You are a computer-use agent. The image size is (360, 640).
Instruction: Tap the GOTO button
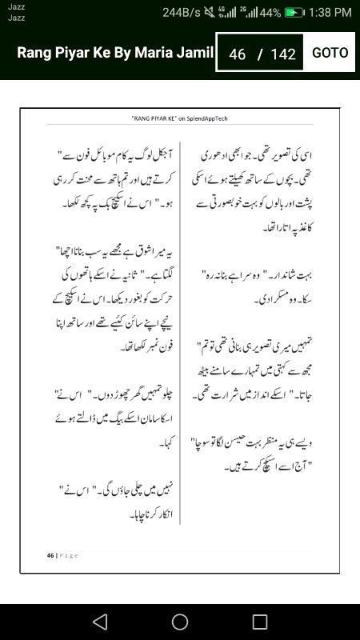click(330, 53)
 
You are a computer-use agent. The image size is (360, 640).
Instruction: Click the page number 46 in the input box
click(237, 54)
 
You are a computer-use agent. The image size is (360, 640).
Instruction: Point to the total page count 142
click(283, 54)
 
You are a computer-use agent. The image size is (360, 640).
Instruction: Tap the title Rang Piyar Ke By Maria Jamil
click(115, 53)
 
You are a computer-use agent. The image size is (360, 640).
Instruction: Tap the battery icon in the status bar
click(295, 13)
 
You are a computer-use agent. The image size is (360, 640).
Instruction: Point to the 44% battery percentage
click(270, 13)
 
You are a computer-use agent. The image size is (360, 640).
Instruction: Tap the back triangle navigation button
click(99, 622)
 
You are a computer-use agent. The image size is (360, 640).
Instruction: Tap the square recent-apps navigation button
click(260, 622)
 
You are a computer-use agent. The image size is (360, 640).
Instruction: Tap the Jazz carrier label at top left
click(16, 7)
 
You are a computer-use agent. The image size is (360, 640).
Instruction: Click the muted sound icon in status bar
click(210, 13)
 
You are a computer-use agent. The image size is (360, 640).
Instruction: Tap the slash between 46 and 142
click(259, 54)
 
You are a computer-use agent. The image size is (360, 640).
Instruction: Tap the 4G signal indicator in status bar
click(229, 13)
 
